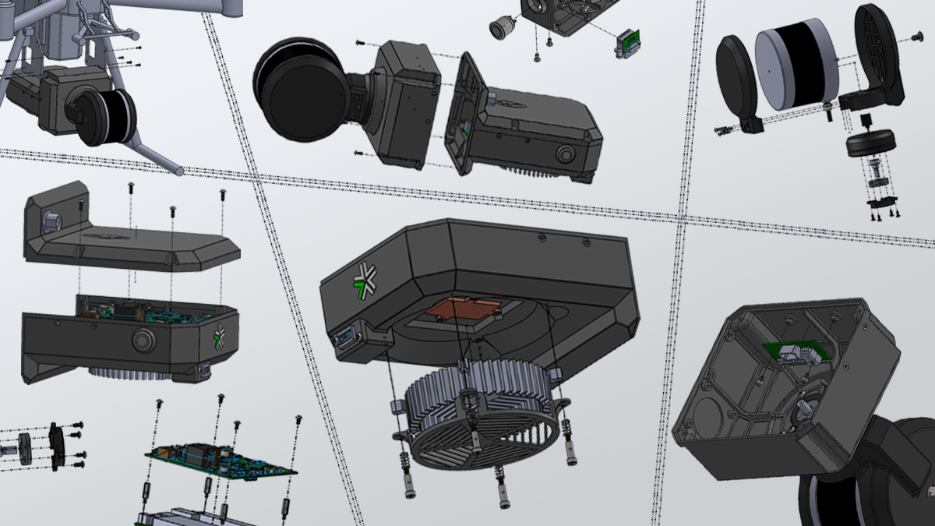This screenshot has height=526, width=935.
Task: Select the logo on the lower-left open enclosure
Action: click(x=219, y=337)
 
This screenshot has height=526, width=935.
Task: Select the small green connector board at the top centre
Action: click(x=627, y=44)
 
